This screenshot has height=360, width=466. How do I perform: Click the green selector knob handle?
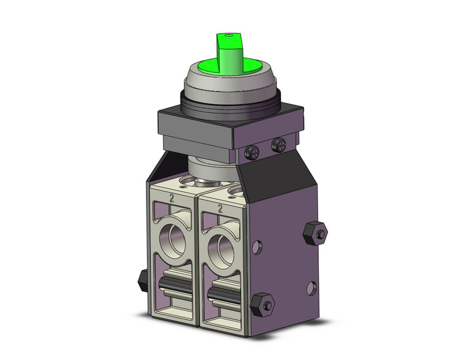(x=228, y=52)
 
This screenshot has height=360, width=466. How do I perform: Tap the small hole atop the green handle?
(x=229, y=37)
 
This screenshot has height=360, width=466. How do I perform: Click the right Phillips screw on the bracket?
(x=280, y=145)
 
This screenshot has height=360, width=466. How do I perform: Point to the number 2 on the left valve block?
(x=172, y=198)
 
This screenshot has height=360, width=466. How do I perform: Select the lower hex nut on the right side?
(x=265, y=304)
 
